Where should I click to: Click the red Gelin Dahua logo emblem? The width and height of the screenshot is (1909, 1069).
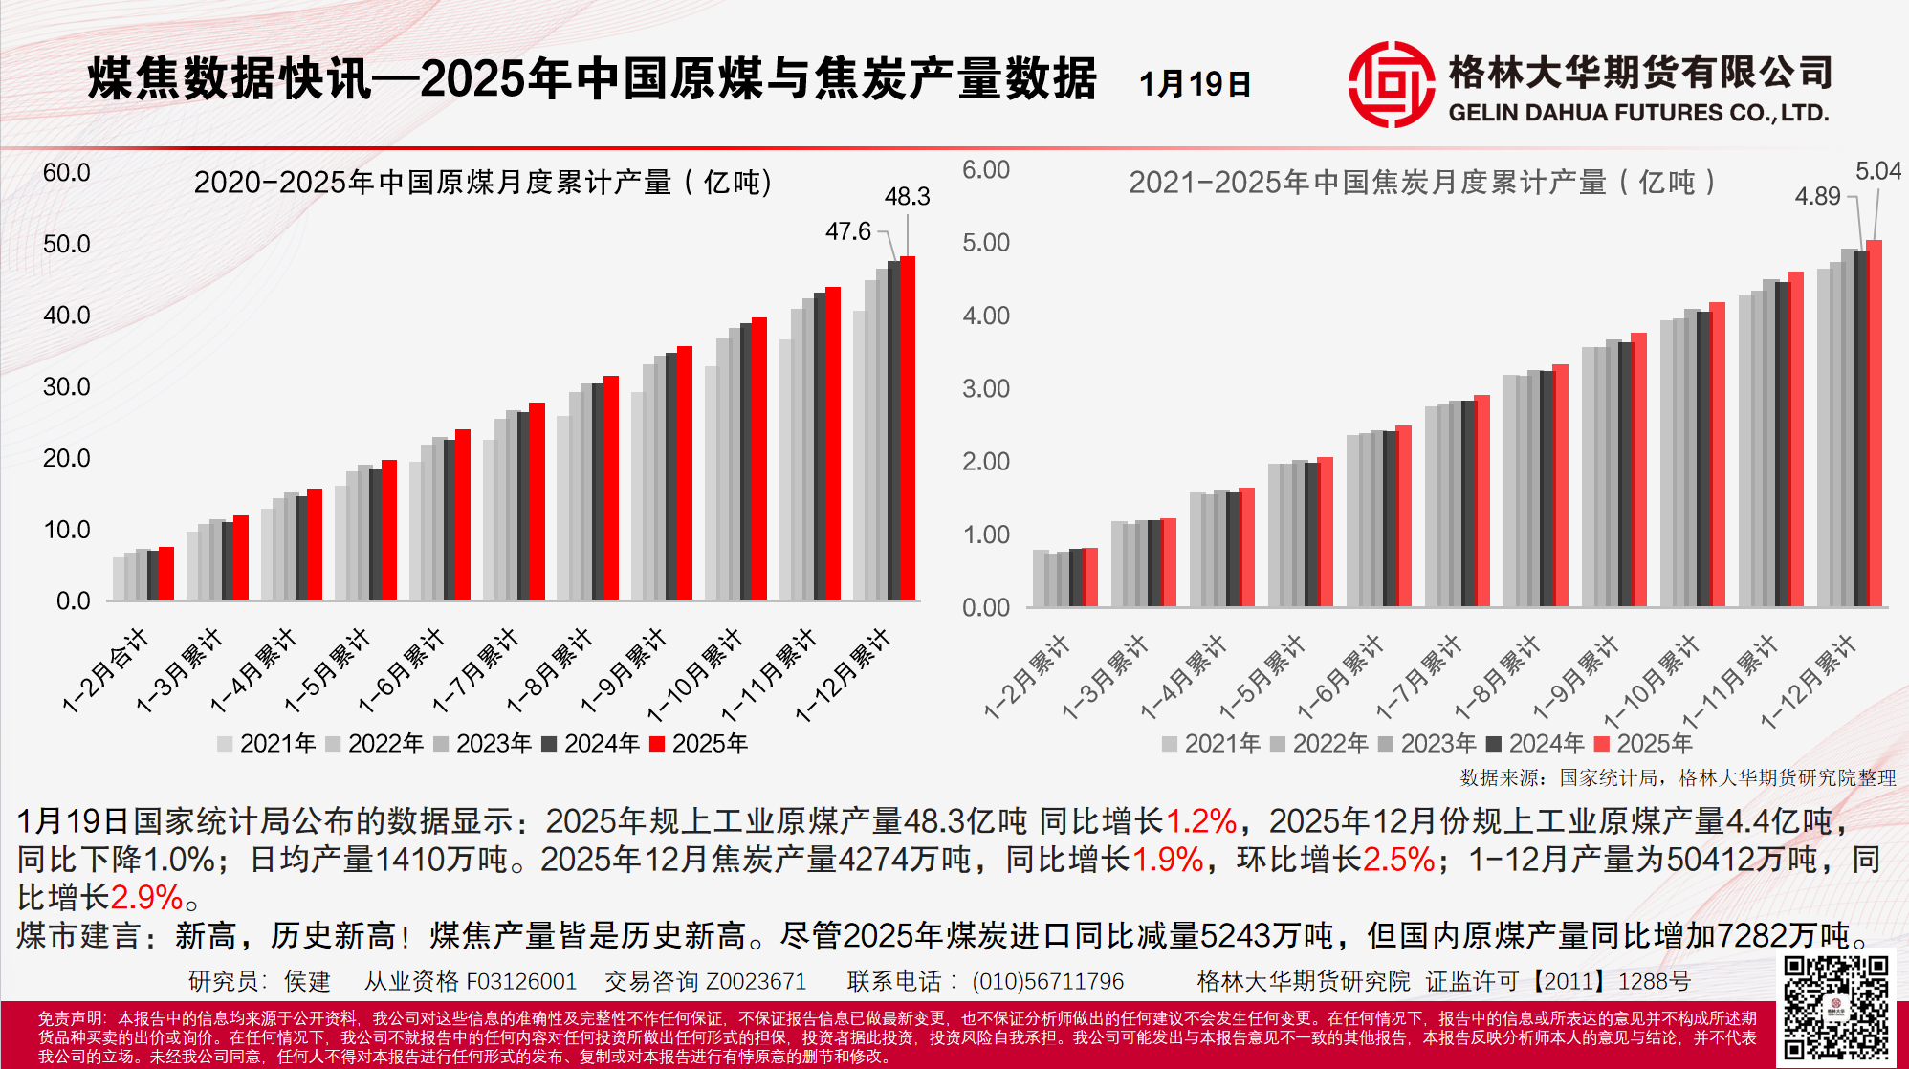pos(1391,84)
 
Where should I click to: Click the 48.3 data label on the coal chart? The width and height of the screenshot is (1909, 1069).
pos(907,197)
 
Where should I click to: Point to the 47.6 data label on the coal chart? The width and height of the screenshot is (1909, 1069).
pos(848,231)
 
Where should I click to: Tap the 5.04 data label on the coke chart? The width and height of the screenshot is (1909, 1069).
pos(1877,171)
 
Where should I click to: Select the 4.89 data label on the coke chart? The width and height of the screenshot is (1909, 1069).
pos(1817,196)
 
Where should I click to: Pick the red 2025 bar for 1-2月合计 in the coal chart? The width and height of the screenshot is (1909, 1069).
pos(166,574)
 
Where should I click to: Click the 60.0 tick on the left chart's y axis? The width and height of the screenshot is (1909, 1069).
pos(66,173)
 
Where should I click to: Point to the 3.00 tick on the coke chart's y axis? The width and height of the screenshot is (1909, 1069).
pos(986,389)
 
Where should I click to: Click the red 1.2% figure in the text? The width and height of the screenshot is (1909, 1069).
pos(1200,820)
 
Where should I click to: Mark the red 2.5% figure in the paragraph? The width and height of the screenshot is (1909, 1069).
pos(1398,859)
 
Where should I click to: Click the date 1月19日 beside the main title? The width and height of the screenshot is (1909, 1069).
pos(1195,84)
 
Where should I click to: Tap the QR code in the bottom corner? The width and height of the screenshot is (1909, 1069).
pos(1835,1006)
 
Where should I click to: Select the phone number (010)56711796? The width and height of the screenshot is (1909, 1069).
pos(1047,981)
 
